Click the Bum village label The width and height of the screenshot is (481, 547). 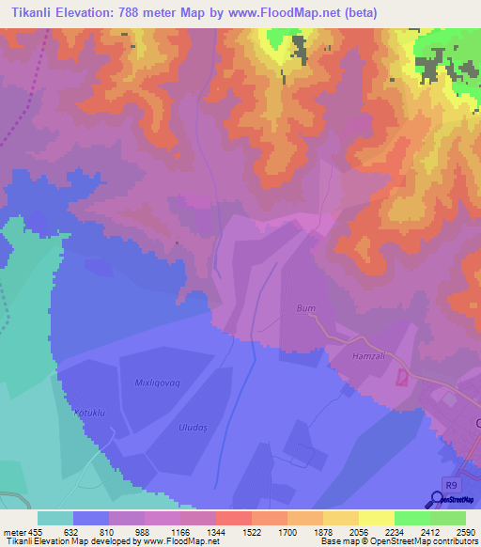pos(305,307)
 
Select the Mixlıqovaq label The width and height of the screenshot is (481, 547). pos(158,383)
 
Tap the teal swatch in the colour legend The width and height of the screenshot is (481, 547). pos(55,517)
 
